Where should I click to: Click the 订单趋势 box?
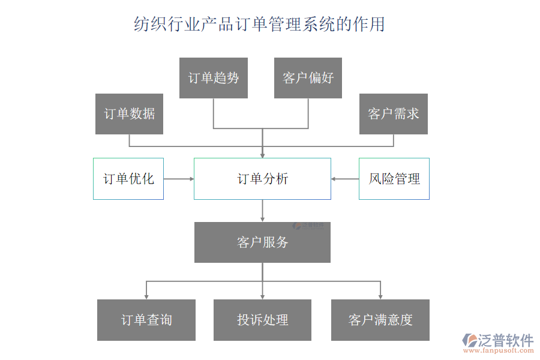(214, 78)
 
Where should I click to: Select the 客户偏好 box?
(308, 78)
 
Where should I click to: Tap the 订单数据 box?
(129, 114)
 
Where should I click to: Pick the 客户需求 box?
(394, 114)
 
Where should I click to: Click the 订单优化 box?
(128, 179)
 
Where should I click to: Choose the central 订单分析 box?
(262, 179)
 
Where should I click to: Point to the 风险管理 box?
(394, 179)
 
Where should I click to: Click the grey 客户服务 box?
(262, 242)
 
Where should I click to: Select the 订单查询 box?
(146, 320)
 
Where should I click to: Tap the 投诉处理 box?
(262, 320)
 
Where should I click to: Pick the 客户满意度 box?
(380, 320)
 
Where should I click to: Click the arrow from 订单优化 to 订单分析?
(179, 179)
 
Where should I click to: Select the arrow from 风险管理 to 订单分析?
(345, 179)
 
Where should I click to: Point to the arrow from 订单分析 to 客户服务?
(262, 211)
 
